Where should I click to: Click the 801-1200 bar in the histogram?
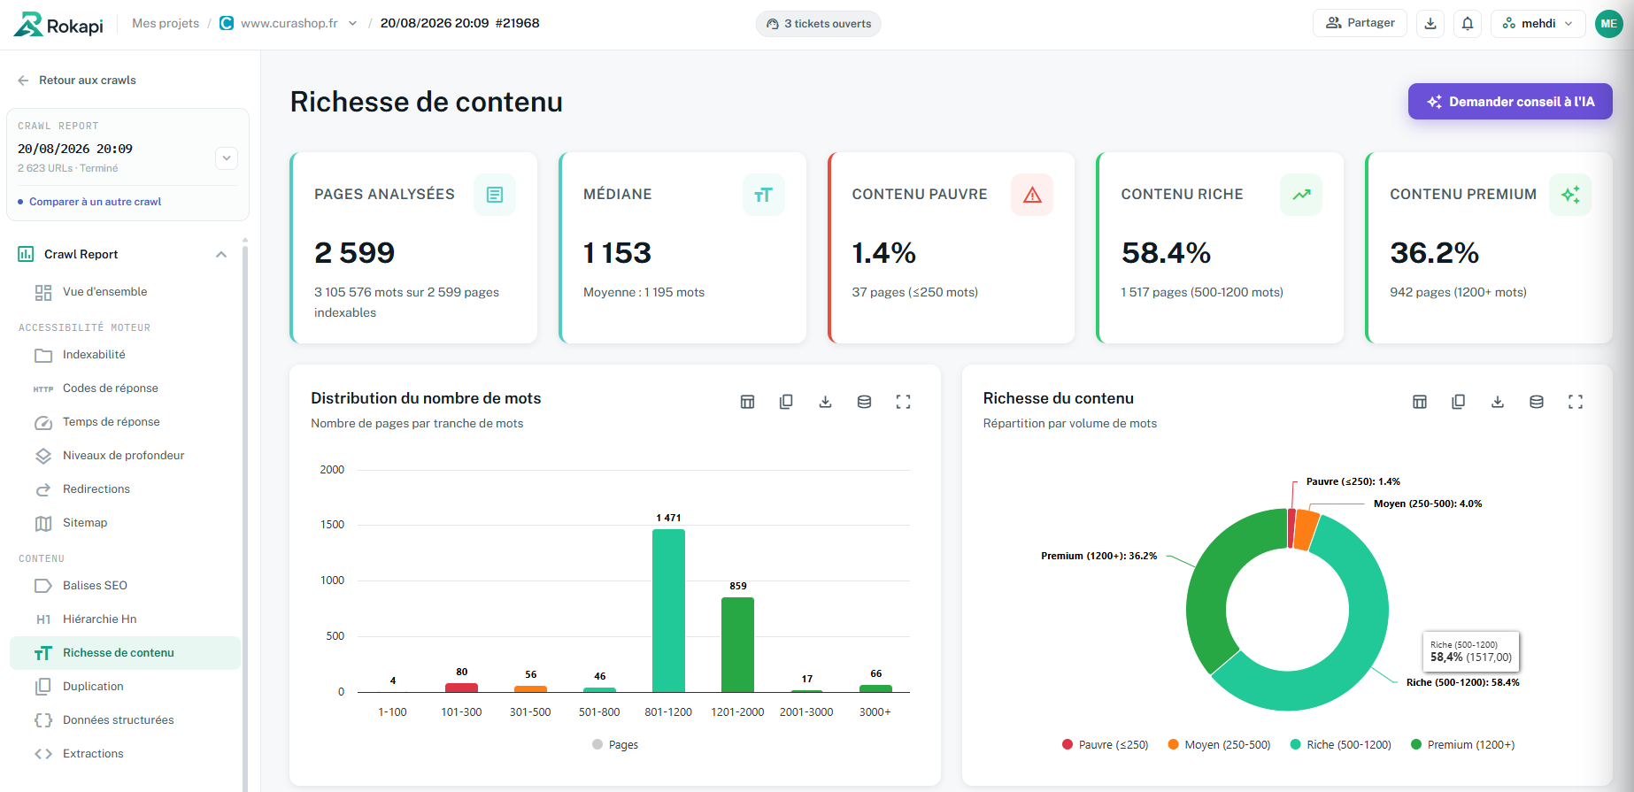click(x=668, y=611)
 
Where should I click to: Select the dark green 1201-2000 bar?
click(x=737, y=644)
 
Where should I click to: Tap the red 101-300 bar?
click(x=461, y=688)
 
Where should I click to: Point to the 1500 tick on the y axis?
click(x=332, y=525)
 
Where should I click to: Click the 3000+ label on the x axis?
click(x=875, y=712)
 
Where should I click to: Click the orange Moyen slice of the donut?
click(x=1306, y=529)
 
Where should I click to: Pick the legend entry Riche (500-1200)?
click(x=1341, y=745)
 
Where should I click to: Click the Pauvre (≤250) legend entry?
click(x=1106, y=745)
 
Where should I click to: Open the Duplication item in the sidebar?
click(x=93, y=687)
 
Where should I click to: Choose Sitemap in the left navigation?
click(x=85, y=523)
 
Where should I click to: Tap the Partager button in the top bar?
click(x=1360, y=23)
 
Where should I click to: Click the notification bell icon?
click(x=1468, y=24)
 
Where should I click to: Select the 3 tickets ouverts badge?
click(x=819, y=24)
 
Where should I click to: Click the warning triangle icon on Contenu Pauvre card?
click(x=1032, y=195)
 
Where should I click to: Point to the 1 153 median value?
click(x=617, y=253)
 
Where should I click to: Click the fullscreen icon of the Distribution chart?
click(x=903, y=402)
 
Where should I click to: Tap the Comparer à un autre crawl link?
click(x=95, y=202)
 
